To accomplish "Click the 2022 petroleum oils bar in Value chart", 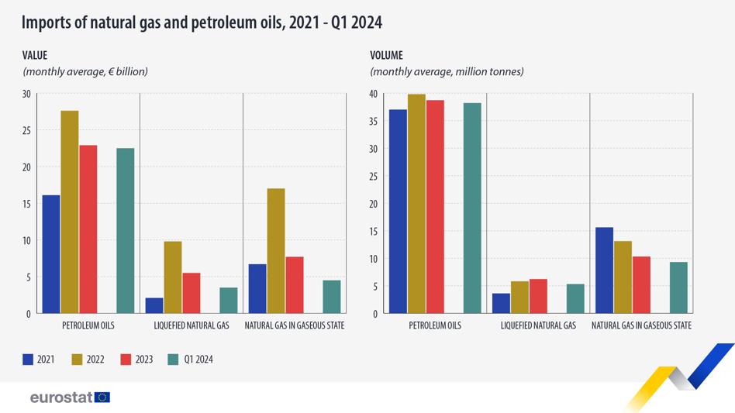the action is (70, 212).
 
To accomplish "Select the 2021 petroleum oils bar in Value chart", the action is (51, 254).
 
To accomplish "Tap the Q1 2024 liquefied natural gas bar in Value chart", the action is (229, 301).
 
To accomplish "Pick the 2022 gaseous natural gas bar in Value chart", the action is (276, 251).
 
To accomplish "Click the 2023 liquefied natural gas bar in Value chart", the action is (192, 293).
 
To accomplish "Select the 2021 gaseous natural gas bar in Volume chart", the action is (604, 270).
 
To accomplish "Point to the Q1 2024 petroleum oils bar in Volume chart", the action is (472, 208).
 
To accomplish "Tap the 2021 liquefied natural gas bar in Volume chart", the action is (501, 304).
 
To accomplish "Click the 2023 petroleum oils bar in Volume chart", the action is (435, 207).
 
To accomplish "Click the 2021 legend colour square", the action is (28, 360).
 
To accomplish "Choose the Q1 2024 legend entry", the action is (190, 360).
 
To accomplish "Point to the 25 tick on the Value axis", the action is (26, 131).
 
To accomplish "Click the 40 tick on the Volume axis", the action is (373, 94).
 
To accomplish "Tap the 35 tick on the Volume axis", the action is (373, 122).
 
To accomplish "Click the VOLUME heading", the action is (386, 55).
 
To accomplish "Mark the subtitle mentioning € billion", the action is (85, 71).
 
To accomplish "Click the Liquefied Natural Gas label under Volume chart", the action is (538, 325).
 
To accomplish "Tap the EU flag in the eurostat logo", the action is (102, 398).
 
